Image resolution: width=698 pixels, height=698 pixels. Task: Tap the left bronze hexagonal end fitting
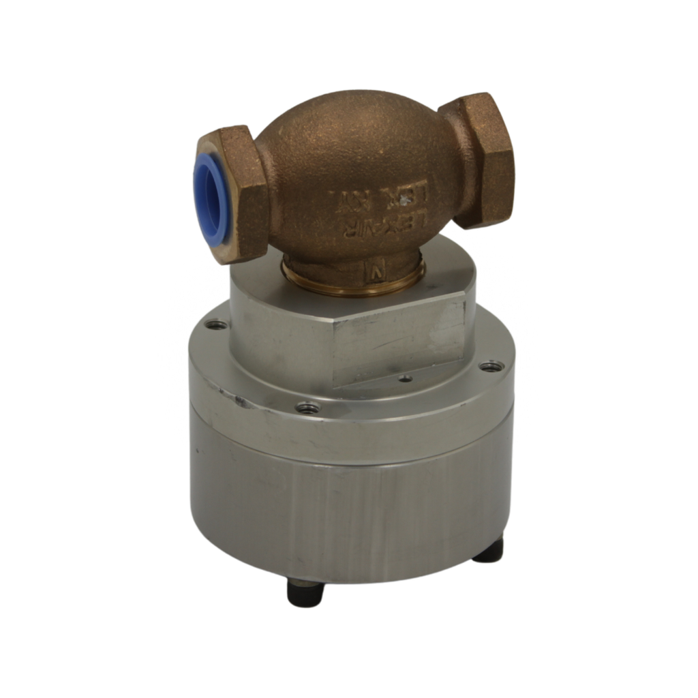235,195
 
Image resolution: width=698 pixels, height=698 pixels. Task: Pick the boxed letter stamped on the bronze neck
375,269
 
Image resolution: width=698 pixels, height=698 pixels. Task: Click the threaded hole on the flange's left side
216,325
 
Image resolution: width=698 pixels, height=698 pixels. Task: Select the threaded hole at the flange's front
308,408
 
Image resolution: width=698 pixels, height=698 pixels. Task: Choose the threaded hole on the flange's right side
491,367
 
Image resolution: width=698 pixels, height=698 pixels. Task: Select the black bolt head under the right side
489,551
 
